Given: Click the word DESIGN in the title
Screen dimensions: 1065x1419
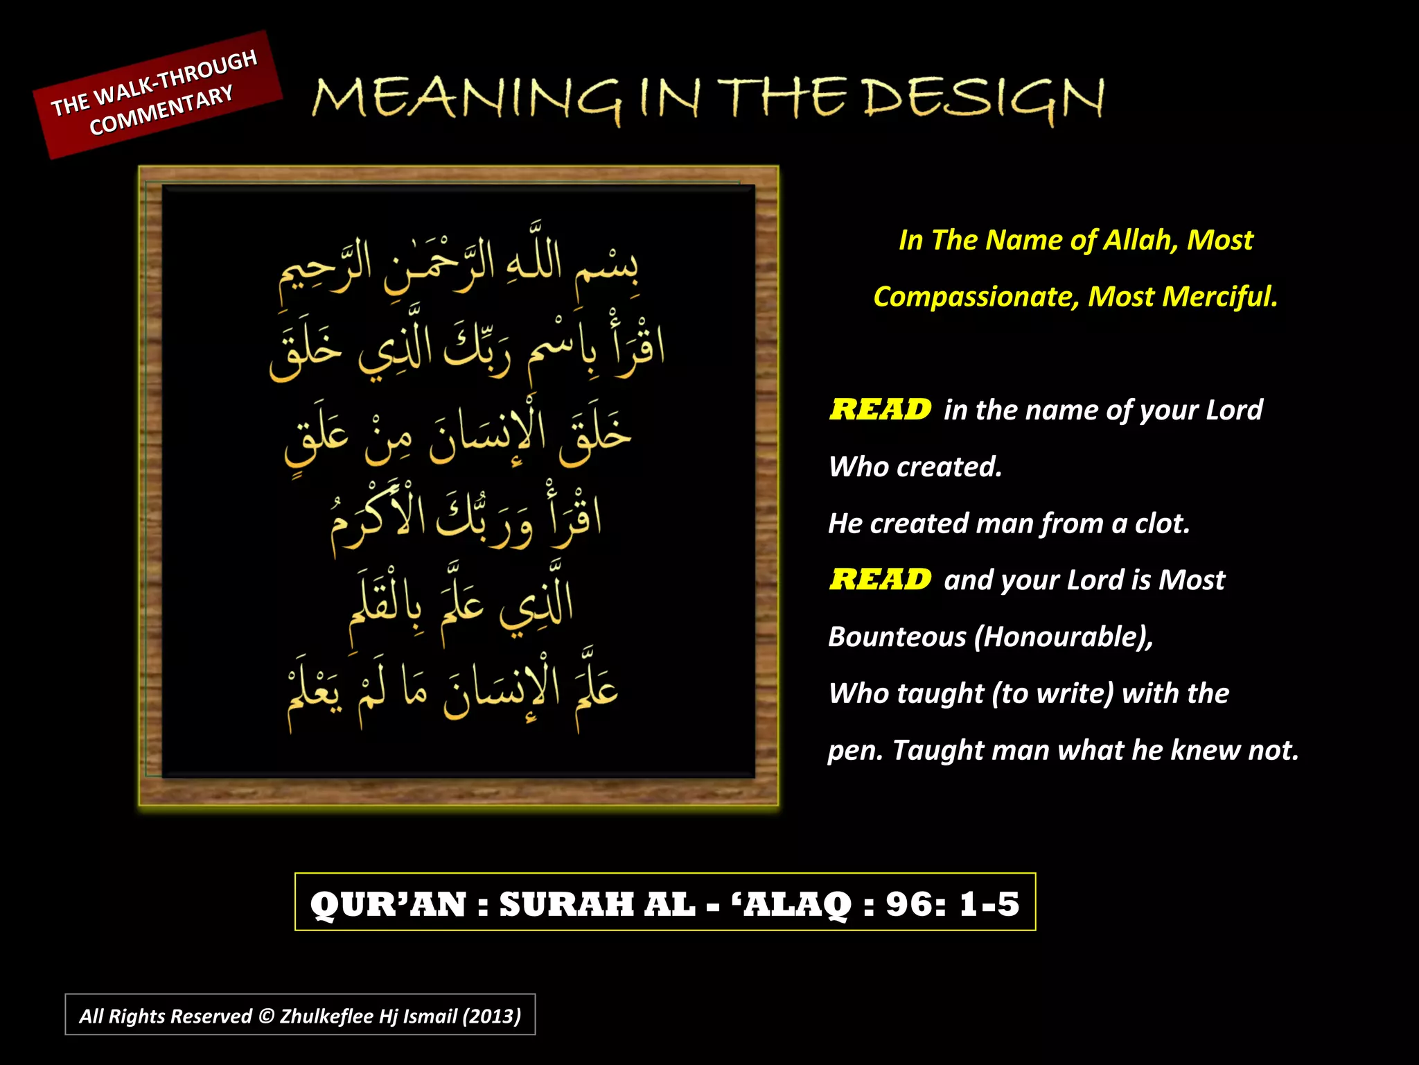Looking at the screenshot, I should pyautogui.click(x=984, y=98).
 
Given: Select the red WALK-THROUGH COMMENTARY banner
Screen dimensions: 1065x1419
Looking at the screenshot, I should pyautogui.click(x=158, y=94).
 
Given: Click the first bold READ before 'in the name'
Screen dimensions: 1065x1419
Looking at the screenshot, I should pyautogui.click(x=880, y=410).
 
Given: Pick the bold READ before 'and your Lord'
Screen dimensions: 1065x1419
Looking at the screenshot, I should pyautogui.click(x=880, y=580).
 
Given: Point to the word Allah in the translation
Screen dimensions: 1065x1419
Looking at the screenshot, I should pyautogui.click(x=1140, y=240).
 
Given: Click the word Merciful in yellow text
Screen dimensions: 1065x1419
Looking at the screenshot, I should pyautogui.click(x=1219, y=297).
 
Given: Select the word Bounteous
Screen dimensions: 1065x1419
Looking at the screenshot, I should pyautogui.click(x=897, y=637).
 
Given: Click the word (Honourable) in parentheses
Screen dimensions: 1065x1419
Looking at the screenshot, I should pyautogui.click(x=1063, y=637).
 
